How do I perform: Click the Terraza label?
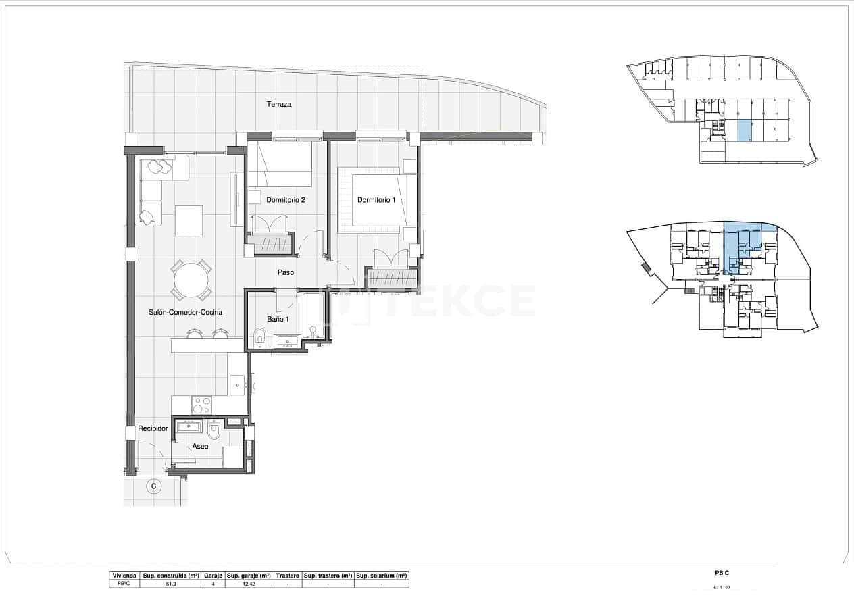click(x=279, y=105)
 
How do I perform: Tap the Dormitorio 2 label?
click(x=286, y=200)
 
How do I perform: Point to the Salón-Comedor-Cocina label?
click(x=186, y=313)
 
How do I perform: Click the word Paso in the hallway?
click(x=286, y=273)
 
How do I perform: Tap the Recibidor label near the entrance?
click(x=153, y=429)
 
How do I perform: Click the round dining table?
click(x=191, y=280)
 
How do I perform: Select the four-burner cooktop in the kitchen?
click(x=202, y=405)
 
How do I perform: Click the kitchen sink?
click(x=237, y=384)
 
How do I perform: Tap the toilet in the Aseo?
click(x=214, y=430)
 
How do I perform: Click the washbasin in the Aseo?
click(x=189, y=426)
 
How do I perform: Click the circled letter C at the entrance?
click(x=154, y=486)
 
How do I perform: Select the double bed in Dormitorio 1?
click(x=378, y=200)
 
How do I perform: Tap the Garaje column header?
click(x=213, y=576)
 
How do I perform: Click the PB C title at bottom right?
click(x=722, y=574)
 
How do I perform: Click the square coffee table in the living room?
click(x=189, y=221)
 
